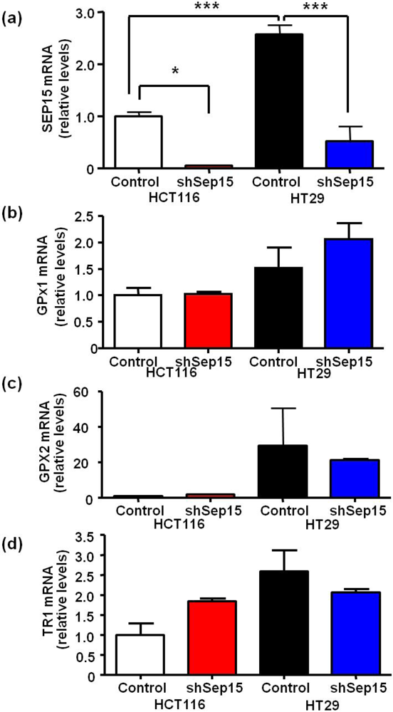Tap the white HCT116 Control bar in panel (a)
[x=139, y=142]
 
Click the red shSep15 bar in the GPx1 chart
[x=206, y=320]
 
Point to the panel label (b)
[x=12, y=211]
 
